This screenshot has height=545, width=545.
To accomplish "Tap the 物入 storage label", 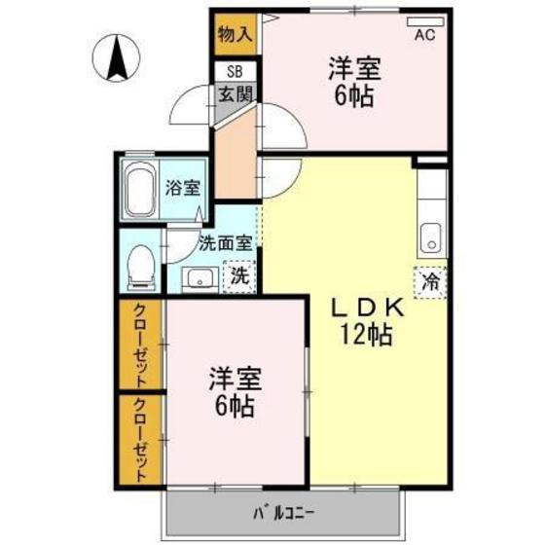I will pos(236,35).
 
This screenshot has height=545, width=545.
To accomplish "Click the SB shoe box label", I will pos(236,72).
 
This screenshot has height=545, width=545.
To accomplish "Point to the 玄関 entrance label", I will pos(235,94).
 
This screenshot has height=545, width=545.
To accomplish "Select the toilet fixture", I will pos(141,266).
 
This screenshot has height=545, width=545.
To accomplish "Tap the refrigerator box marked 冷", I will pos(430,282).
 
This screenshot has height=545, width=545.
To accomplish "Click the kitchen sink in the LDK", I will pos(430,236).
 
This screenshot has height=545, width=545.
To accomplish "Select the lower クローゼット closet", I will pos(141,441).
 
